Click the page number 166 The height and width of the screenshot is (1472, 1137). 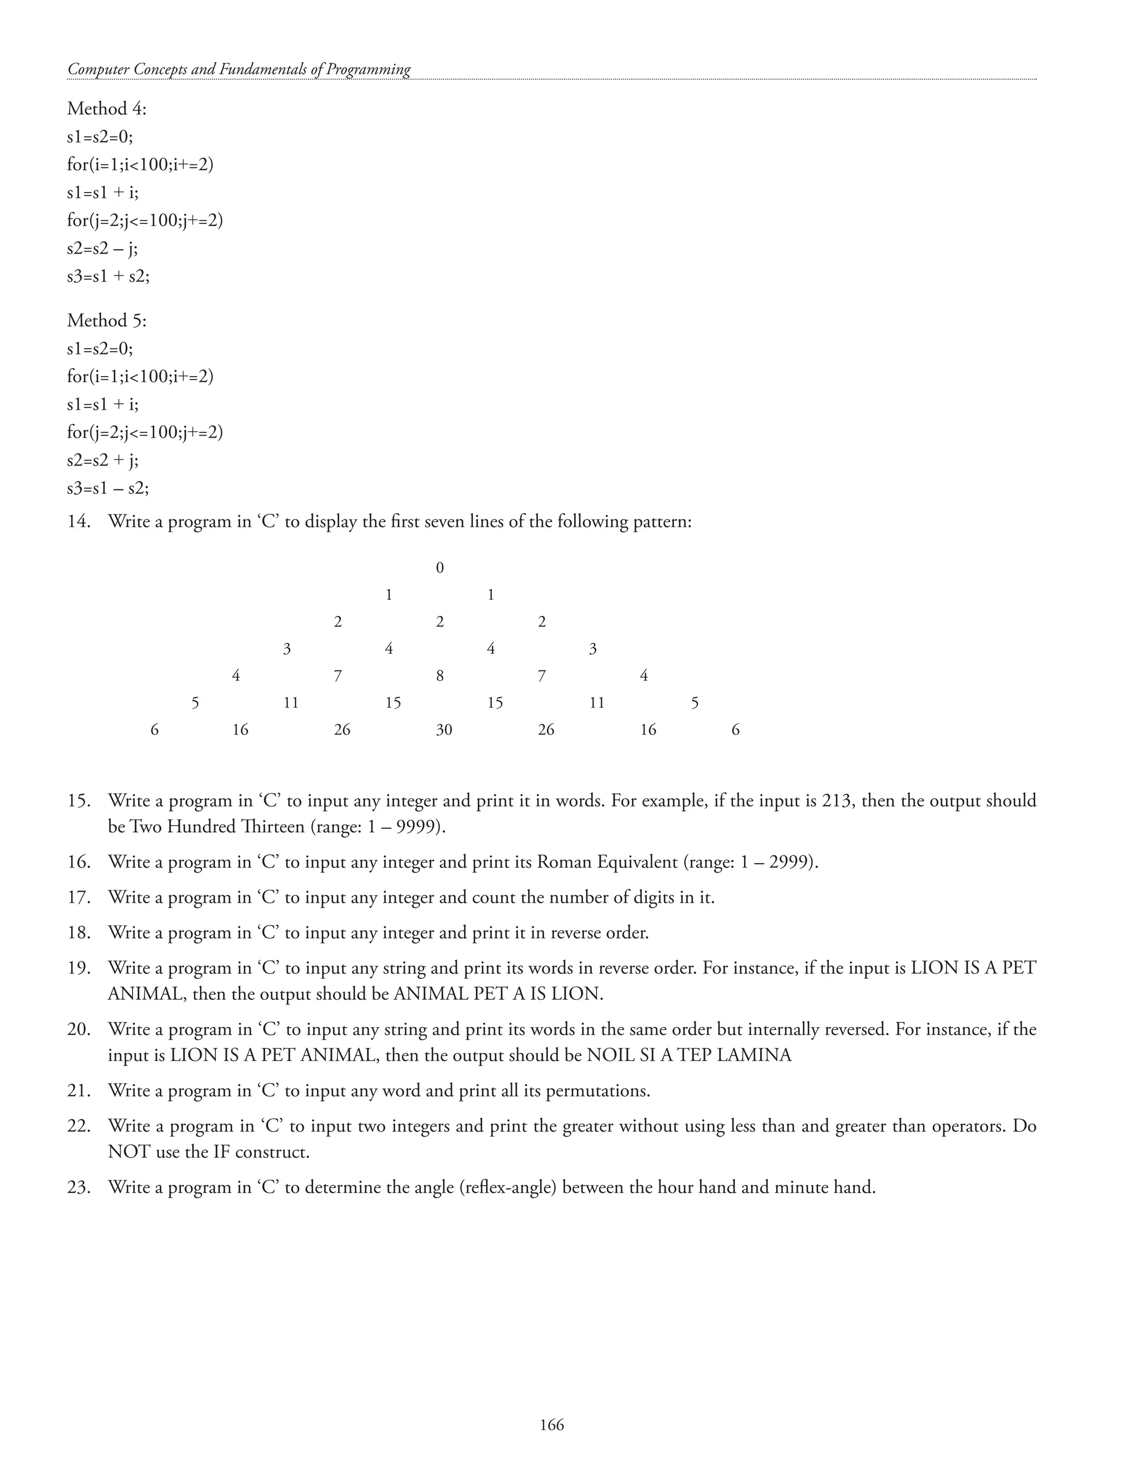552,1424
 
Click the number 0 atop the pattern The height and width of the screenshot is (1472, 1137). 440,568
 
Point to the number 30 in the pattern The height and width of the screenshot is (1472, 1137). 444,730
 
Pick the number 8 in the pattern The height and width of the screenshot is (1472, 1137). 440,676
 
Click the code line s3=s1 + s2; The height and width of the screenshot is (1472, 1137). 108,276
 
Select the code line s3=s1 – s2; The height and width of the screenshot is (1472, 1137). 108,487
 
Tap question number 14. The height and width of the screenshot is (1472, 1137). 78,522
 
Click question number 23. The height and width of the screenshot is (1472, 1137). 78,1187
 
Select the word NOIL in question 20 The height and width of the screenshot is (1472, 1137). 610,1055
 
